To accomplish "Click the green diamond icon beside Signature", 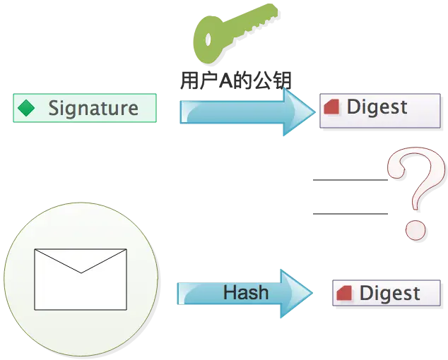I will [x=27, y=108].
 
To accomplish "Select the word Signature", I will [x=93, y=108].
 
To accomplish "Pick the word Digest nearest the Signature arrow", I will [x=377, y=107].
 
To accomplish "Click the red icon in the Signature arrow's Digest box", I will [x=332, y=107].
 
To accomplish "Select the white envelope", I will [x=81, y=279].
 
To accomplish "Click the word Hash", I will [x=246, y=292].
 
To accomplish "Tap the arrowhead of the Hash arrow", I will [x=295, y=292].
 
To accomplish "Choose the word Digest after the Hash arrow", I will [x=389, y=293].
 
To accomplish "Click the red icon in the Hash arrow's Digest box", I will [x=345, y=293].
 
